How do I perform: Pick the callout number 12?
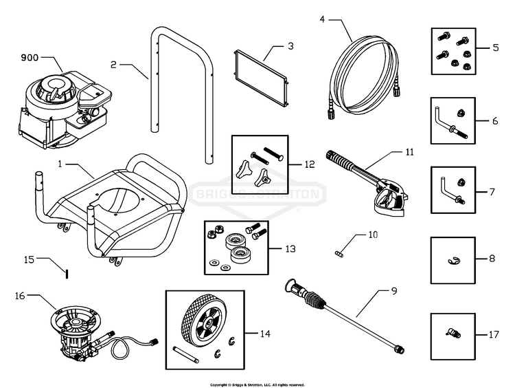(x=309, y=165)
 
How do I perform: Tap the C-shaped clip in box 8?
(x=453, y=259)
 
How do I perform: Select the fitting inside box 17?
(x=453, y=334)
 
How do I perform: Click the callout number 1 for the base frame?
(x=60, y=165)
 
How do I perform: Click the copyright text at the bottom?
(x=257, y=385)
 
